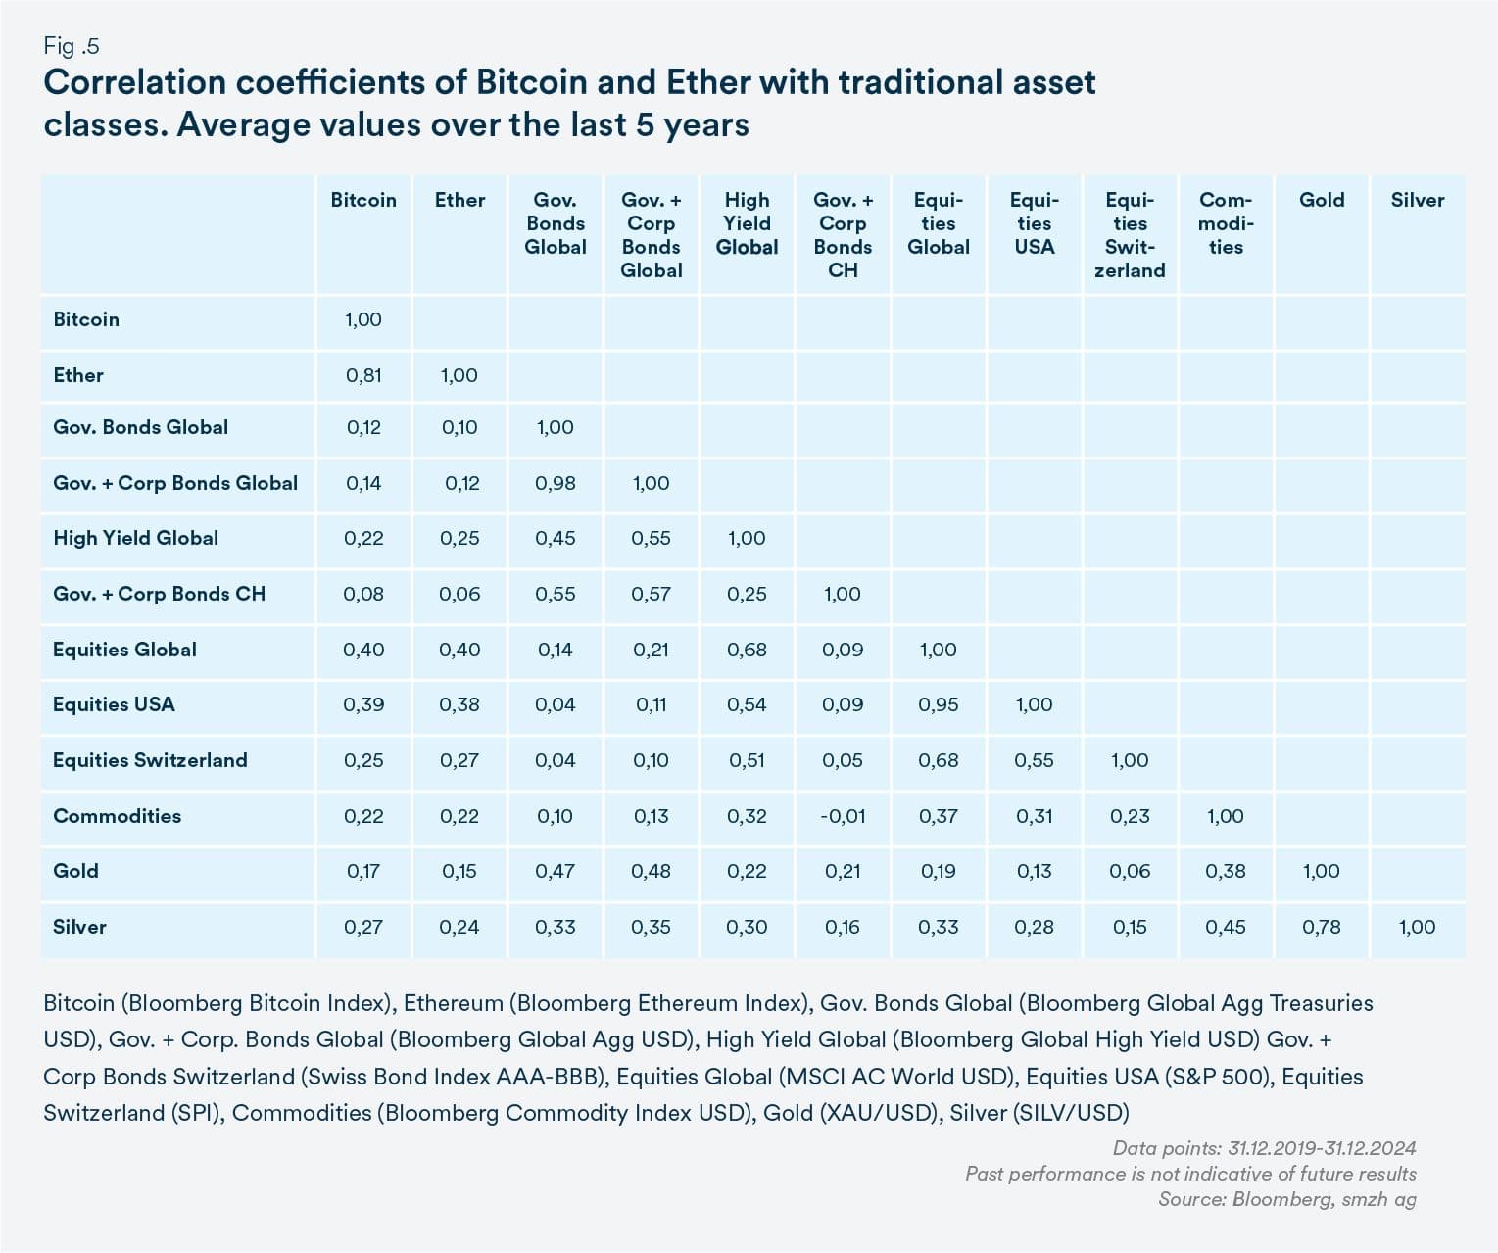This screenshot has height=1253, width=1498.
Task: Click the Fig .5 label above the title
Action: (x=71, y=47)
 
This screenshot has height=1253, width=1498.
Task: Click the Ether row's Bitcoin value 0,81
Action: (x=363, y=375)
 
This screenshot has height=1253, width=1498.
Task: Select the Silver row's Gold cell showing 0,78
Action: (x=1322, y=927)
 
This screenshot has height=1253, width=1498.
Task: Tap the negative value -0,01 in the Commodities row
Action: (x=843, y=816)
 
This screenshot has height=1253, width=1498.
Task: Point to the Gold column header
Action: (x=1322, y=200)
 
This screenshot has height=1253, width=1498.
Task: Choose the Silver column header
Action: (x=1418, y=200)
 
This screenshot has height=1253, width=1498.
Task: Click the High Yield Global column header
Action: (x=747, y=223)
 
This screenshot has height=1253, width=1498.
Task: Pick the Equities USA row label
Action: (x=114, y=704)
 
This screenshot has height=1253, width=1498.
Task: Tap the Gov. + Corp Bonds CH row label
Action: (x=160, y=594)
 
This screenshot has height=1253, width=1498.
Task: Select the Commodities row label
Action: (x=117, y=816)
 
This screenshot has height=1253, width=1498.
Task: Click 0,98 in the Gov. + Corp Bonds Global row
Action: (x=556, y=483)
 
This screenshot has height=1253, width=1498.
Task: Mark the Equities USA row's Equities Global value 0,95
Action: (x=939, y=704)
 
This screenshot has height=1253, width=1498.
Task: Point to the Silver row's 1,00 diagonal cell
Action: (x=1418, y=927)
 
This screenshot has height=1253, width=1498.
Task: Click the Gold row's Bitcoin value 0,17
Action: (x=363, y=871)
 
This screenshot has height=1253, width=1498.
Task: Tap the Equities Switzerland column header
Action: (x=1130, y=235)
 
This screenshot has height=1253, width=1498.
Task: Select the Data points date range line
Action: (x=1265, y=1148)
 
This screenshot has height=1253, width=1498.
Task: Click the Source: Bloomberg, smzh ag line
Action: (x=1287, y=1199)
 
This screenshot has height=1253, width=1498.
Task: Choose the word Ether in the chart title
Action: (x=707, y=82)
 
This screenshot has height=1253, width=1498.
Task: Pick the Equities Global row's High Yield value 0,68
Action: (x=747, y=650)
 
